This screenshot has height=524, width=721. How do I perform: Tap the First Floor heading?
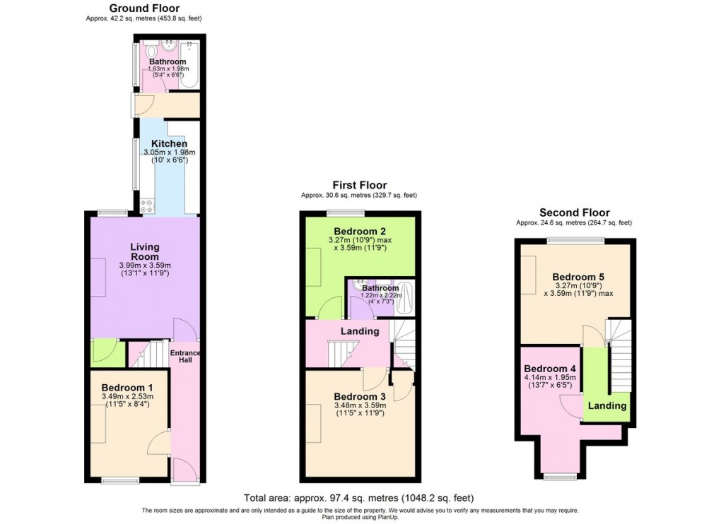coord(360,185)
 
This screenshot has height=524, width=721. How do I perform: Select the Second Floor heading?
coord(574,213)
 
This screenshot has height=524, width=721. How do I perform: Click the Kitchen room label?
coord(169,143)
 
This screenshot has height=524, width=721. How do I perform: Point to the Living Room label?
coord(145,252)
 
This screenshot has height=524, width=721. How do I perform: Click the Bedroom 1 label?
coord(127,388)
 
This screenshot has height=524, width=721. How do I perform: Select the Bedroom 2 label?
coord(360,231)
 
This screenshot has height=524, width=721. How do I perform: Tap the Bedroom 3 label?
coord(360,396)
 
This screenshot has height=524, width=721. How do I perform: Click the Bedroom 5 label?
coord(578,276)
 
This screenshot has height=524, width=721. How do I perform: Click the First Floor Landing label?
coord(360,331)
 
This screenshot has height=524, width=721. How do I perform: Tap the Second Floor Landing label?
coord(607,405)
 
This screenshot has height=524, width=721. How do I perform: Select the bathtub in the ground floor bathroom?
coord(190,64)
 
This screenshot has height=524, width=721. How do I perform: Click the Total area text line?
coord(358,498)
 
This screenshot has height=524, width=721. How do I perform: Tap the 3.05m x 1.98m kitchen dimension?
coord(169,153)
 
